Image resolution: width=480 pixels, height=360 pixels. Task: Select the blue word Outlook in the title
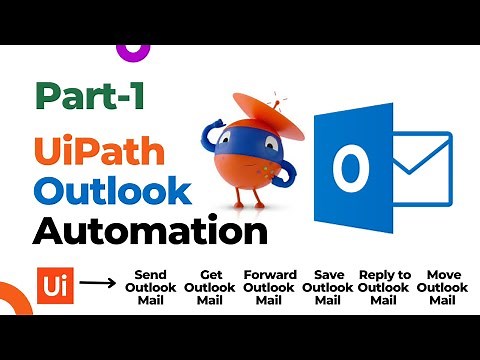click(x=111, y=190)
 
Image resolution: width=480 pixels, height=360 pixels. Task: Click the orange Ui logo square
click(x=52, y=283)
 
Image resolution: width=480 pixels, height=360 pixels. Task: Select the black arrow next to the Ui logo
click(x=96, y=283)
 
